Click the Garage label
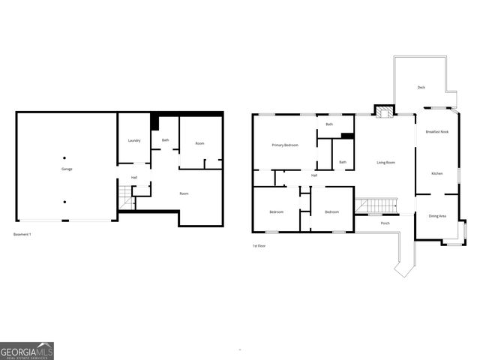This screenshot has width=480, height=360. click(x=67, y=169)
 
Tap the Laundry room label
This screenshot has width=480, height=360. click(x=134, y=140)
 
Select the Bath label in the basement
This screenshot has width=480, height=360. click(x=165, y=140)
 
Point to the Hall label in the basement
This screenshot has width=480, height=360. click(x=134, y=178)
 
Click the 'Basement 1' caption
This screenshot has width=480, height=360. click(x=22, y=235)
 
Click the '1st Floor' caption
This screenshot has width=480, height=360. click(x=259, y=246)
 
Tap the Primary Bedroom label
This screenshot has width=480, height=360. click(x=286, y=145)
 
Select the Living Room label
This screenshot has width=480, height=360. click(x=385, y=162)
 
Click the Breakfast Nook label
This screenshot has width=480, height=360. click(x=436, y=132)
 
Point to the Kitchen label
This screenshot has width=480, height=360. click(x=436, y=173)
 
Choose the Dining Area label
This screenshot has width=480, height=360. click(x=436, y=216)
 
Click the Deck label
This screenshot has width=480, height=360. click(x=421, y=88)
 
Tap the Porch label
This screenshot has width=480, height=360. click(x=385, y=223)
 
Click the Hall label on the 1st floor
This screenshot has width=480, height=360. click(x=314, y=175)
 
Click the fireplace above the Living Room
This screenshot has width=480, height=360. click(x=384, y=112)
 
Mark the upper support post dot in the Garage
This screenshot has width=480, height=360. click(x=64, y=157)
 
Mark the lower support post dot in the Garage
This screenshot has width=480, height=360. click(x=64, y=202)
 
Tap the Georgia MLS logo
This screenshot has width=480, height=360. click(x=27, y=350)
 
